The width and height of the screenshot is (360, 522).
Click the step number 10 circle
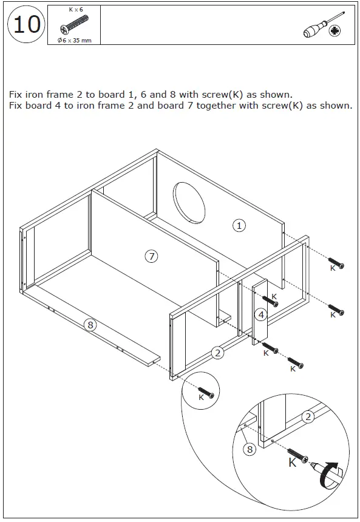coord(27,25)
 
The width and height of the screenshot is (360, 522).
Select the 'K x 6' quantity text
coord(75,10)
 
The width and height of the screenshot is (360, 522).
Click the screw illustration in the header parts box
coord(74,25)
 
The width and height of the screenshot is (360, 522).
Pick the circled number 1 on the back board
coord(239,225)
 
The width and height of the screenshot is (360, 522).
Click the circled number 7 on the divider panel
coord(151,256)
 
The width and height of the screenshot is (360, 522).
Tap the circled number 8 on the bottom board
coord(90,325)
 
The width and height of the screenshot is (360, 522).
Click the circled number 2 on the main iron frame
coord(217,353)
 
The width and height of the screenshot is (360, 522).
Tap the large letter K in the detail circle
coord(292,463)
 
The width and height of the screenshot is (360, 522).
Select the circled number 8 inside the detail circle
coord(250,449)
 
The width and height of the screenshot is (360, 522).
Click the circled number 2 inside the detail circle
coord(308,416)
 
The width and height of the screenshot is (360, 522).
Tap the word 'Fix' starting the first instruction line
coord(15,95)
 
